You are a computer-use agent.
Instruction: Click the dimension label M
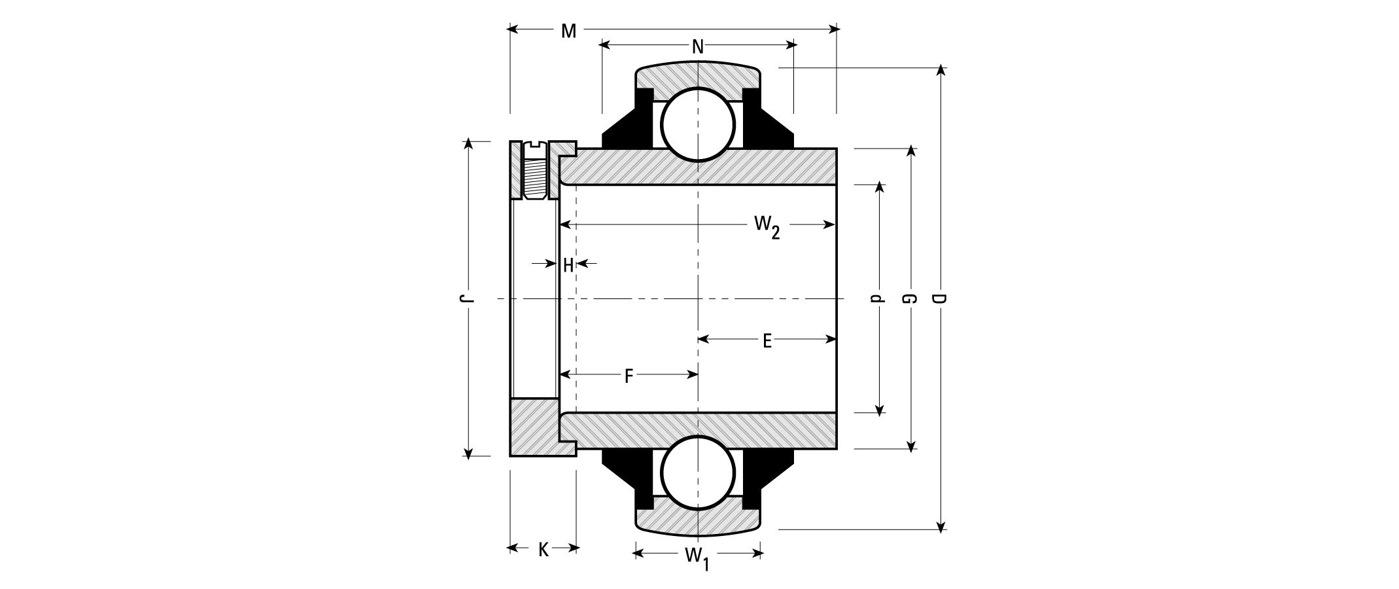568,31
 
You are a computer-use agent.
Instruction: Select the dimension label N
698,46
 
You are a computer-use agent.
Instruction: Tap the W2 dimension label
767,227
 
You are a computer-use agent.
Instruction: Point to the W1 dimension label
697,558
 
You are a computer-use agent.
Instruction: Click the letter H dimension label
568,265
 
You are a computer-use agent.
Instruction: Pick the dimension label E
767,340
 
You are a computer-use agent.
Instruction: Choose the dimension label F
629,376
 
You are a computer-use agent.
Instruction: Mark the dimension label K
544,550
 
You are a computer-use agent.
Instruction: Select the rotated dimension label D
940,299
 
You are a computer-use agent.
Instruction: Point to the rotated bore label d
878,299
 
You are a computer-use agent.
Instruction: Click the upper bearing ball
698,124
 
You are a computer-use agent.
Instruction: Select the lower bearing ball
698,473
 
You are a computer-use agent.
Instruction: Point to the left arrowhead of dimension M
514,29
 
